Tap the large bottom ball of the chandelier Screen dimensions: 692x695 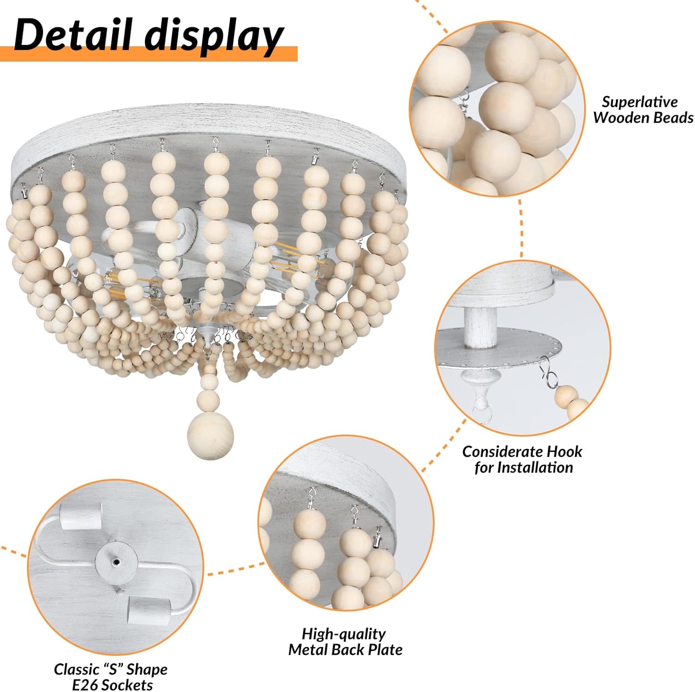[210, 435]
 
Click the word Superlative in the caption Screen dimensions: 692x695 [639, 102]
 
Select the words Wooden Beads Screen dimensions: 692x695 [643, 118]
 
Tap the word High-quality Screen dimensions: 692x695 [343, 634]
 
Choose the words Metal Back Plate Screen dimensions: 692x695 [345, 650]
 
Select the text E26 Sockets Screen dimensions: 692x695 [112, 685]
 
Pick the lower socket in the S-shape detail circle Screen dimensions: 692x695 [148, 608]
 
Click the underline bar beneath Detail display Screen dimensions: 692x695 [148, 54]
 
